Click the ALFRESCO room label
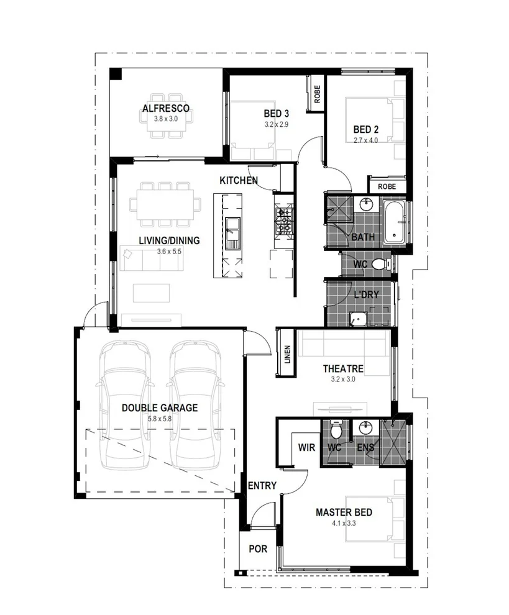pos(165,108)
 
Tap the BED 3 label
pos(277,114)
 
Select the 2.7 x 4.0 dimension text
pos(365,140)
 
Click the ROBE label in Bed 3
pos(317,94)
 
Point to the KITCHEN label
pos(239,180)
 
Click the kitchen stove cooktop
pos(284,221)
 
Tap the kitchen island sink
pos(232,234)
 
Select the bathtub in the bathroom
pos(395,222)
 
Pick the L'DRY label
pos(366,294)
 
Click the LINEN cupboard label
pos(288,354)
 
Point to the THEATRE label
pos(343,368)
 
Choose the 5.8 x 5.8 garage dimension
pos(159,419)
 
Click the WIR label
pos(306,447)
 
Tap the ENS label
pos(365,447)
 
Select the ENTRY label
pos(262,486)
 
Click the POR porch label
pos(258,549)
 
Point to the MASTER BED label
pos(344,512)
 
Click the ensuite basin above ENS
pos(365,427)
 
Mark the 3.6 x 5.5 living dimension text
pos(169,252)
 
